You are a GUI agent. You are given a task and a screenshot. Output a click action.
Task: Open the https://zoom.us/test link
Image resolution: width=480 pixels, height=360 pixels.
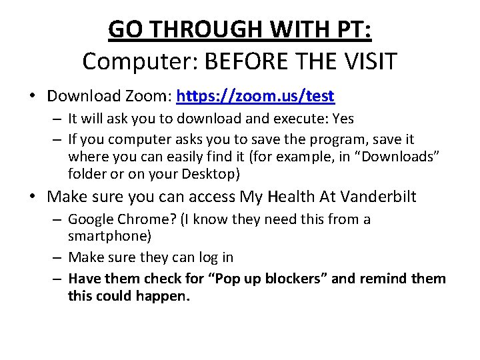click(x=255, y=96)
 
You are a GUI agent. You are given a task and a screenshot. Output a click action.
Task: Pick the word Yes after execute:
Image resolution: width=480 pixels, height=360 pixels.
click(x=342, y=119)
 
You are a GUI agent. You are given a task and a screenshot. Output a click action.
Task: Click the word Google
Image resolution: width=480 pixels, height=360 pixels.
click(x=91, y=219)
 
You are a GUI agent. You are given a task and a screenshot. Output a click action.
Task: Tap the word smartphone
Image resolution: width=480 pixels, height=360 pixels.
click(x=105, y=236)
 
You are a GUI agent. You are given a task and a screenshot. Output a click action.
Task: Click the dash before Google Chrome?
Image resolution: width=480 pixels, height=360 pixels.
click(x=58, y=219)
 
